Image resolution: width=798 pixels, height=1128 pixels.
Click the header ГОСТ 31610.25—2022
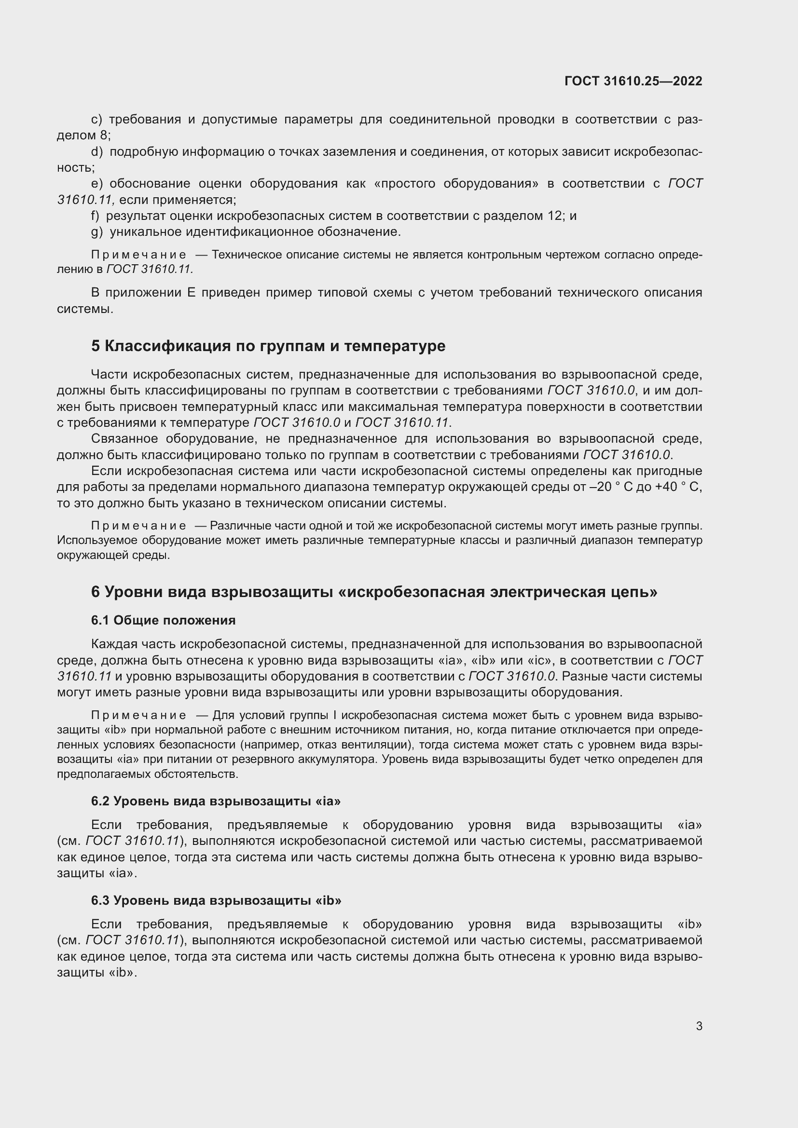[x=633, y=81]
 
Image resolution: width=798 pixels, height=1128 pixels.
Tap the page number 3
[x=699, y=1026]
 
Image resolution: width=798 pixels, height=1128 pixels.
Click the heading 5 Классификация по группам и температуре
[x=268, y=346]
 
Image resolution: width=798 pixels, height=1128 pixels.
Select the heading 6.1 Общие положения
[x=163, y=620]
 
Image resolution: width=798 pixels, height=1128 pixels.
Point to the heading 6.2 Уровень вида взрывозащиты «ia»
[x=216, y=801]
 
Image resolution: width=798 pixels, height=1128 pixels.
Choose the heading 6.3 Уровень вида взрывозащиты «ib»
[x=216, y=900]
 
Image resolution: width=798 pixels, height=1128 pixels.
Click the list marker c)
[x=97, y=120]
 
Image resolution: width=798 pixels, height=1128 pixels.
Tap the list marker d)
[x=97, y=152]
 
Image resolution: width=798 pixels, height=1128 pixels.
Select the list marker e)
[x=97, y=184]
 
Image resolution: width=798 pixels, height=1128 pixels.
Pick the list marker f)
[x=96, y=216]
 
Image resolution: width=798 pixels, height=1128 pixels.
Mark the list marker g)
[x=97, y=232]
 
